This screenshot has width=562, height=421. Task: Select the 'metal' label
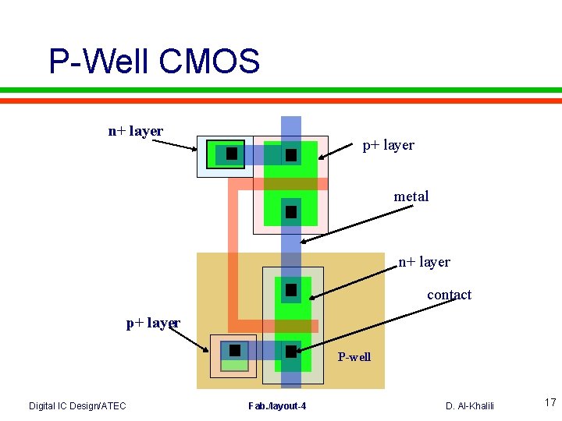411,196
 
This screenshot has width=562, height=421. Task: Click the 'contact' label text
449,295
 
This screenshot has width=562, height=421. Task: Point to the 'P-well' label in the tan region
354,357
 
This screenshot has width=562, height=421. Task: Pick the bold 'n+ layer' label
135,131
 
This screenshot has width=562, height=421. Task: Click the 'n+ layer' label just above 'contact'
424,262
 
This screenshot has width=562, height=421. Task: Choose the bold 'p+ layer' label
153,323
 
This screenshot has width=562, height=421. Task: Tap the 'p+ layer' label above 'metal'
388,145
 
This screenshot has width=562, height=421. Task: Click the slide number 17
550,403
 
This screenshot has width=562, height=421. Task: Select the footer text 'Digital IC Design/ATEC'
77,405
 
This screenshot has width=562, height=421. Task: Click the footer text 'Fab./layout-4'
277,405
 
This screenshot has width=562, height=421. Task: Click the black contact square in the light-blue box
232,154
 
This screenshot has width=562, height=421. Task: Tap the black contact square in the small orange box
234,350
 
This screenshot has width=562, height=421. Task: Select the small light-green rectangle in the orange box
234,365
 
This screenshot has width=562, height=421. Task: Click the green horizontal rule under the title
281,90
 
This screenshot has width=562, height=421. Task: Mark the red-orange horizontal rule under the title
281,101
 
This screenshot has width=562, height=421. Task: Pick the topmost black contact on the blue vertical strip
291,155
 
